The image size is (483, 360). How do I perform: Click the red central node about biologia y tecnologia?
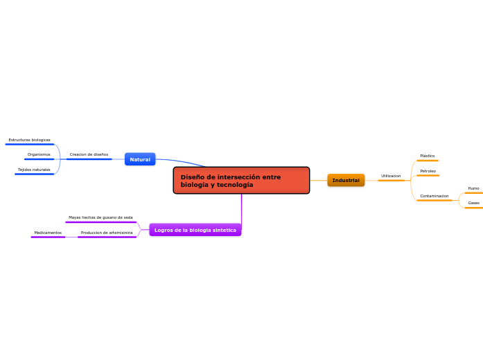241,180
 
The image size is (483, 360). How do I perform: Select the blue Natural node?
140,159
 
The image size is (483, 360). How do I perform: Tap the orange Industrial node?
346,180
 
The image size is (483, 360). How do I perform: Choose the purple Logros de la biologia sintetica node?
195,230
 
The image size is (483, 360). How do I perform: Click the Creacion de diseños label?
89,154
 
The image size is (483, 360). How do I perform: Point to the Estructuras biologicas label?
29,140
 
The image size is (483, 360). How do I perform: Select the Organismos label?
39,154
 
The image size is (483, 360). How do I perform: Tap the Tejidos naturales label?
34,170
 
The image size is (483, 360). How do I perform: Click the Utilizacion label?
391,176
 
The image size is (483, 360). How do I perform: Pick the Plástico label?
428,156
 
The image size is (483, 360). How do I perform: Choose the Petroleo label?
428,171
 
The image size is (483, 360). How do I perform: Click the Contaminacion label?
434,196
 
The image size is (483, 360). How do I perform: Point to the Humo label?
473,188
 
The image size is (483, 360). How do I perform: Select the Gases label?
473,203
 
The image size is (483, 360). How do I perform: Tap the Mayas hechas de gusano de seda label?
100,217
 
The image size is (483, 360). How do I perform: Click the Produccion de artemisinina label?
107,233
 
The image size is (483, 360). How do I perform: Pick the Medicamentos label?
48,233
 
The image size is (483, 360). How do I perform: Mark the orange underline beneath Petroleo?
428,176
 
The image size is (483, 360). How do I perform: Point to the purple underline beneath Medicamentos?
48,237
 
